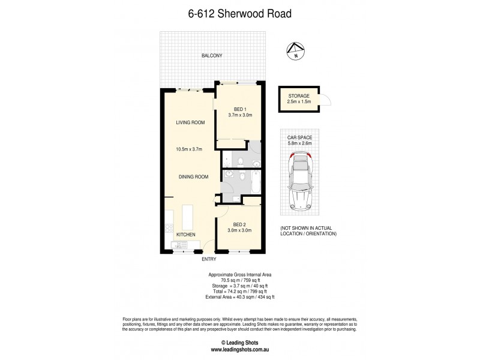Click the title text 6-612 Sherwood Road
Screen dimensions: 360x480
pyautogui.click(x=239, y=13)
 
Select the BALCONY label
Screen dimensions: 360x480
pyautogui.click(x=212, y=56)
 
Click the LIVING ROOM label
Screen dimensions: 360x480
pyautogui.click(x=190, y=122)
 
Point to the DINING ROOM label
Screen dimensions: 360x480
pyautogui.click(x=193, y=176)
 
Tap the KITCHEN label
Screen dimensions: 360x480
pyautogui.click(x=185, y=234)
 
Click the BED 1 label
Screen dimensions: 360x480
pyautogui.click(x=239, y=109)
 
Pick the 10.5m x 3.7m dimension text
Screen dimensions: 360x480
pyautogui.click(x=189, y=149)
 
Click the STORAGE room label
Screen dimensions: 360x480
pyautogui.click(x=298, y=96)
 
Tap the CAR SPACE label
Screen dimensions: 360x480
pyautogui.click(x=299, y=137)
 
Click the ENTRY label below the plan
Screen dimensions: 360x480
pyautogui.click(x=209, y=259)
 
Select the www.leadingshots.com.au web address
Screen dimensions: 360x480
pyautogui.click(x=239, y=350)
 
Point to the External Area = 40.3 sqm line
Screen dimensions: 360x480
pyautogui.click(x=239, y=296)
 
